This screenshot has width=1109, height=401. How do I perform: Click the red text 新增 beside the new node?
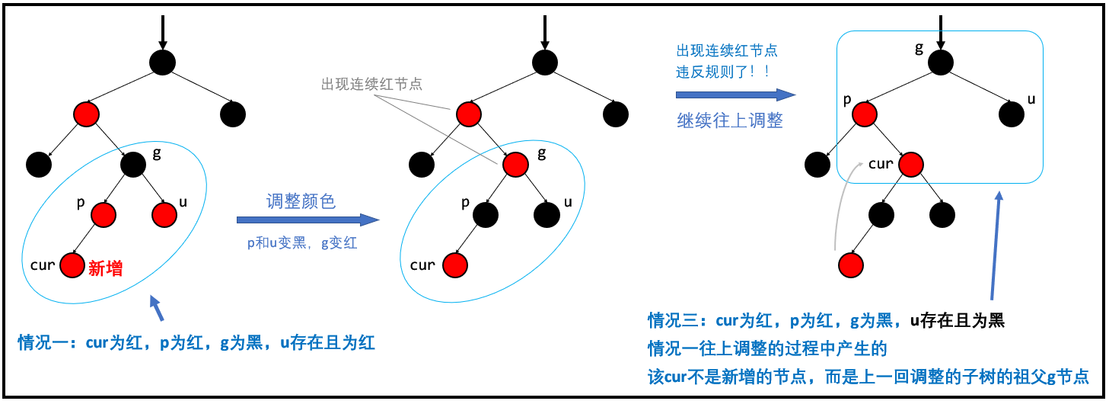tap(106, 268)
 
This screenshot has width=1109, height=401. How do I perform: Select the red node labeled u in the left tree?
tap(164, 215)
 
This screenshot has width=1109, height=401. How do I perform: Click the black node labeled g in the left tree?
tap(132, 163)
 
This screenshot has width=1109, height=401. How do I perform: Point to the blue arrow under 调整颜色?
tap(308, 220)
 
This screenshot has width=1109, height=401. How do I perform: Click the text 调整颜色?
tap(301, 201)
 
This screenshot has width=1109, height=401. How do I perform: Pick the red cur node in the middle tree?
tap(454, 265)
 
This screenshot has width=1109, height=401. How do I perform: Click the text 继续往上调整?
tap(730, 120)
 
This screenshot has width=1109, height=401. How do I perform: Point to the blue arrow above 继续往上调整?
tap(735, 95)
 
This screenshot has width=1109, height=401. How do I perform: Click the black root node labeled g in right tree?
tap(940, 63)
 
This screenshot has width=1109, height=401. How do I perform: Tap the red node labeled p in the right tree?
tap(863, 114)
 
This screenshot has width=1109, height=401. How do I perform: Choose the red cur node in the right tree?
tap(910, 164)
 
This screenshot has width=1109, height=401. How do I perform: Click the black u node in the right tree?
tap(1011, 114)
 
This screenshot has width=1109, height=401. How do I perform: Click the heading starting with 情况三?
tap(826, 320)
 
